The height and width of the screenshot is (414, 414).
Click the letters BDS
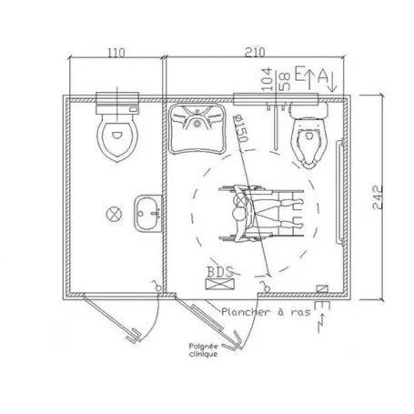tap(219, 270)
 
